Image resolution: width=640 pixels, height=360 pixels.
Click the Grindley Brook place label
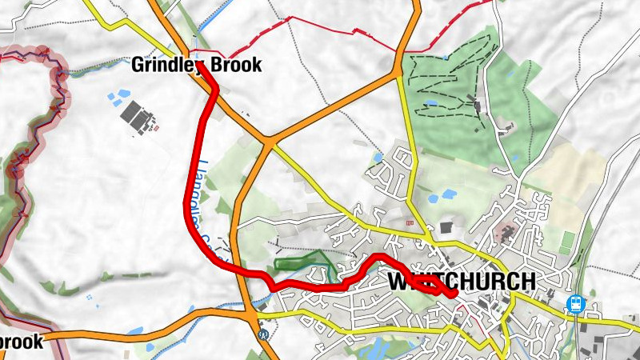point(197,66)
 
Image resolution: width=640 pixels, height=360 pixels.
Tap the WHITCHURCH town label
point(462,282)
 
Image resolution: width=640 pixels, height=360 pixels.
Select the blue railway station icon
point(574,304)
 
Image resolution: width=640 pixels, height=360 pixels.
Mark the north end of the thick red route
point(198,63)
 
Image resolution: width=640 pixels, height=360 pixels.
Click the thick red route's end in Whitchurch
point(454,294)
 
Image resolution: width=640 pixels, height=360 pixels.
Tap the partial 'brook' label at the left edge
point(21,342)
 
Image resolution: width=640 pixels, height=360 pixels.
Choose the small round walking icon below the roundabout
point(263,334)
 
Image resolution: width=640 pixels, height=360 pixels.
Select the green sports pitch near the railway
point(568,238)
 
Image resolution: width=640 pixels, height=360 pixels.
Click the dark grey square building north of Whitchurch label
point(446,229)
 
